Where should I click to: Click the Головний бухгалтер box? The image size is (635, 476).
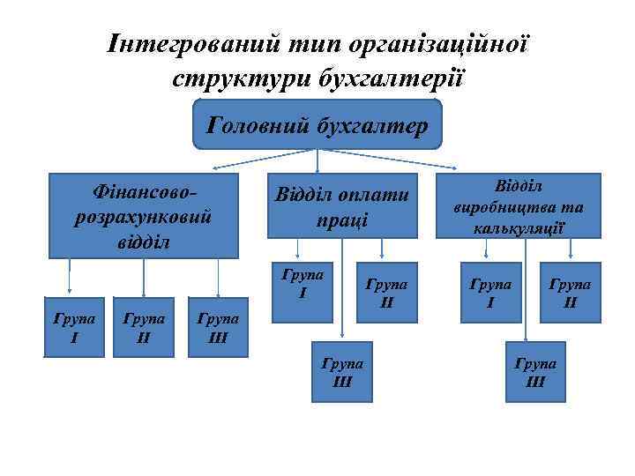[317, 125]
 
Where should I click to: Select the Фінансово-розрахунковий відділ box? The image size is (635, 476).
[143, 215]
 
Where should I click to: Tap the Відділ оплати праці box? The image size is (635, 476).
[342, 208]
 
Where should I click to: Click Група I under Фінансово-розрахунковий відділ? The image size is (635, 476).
[71, 327]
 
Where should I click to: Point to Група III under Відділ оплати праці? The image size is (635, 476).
[342, 370]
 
